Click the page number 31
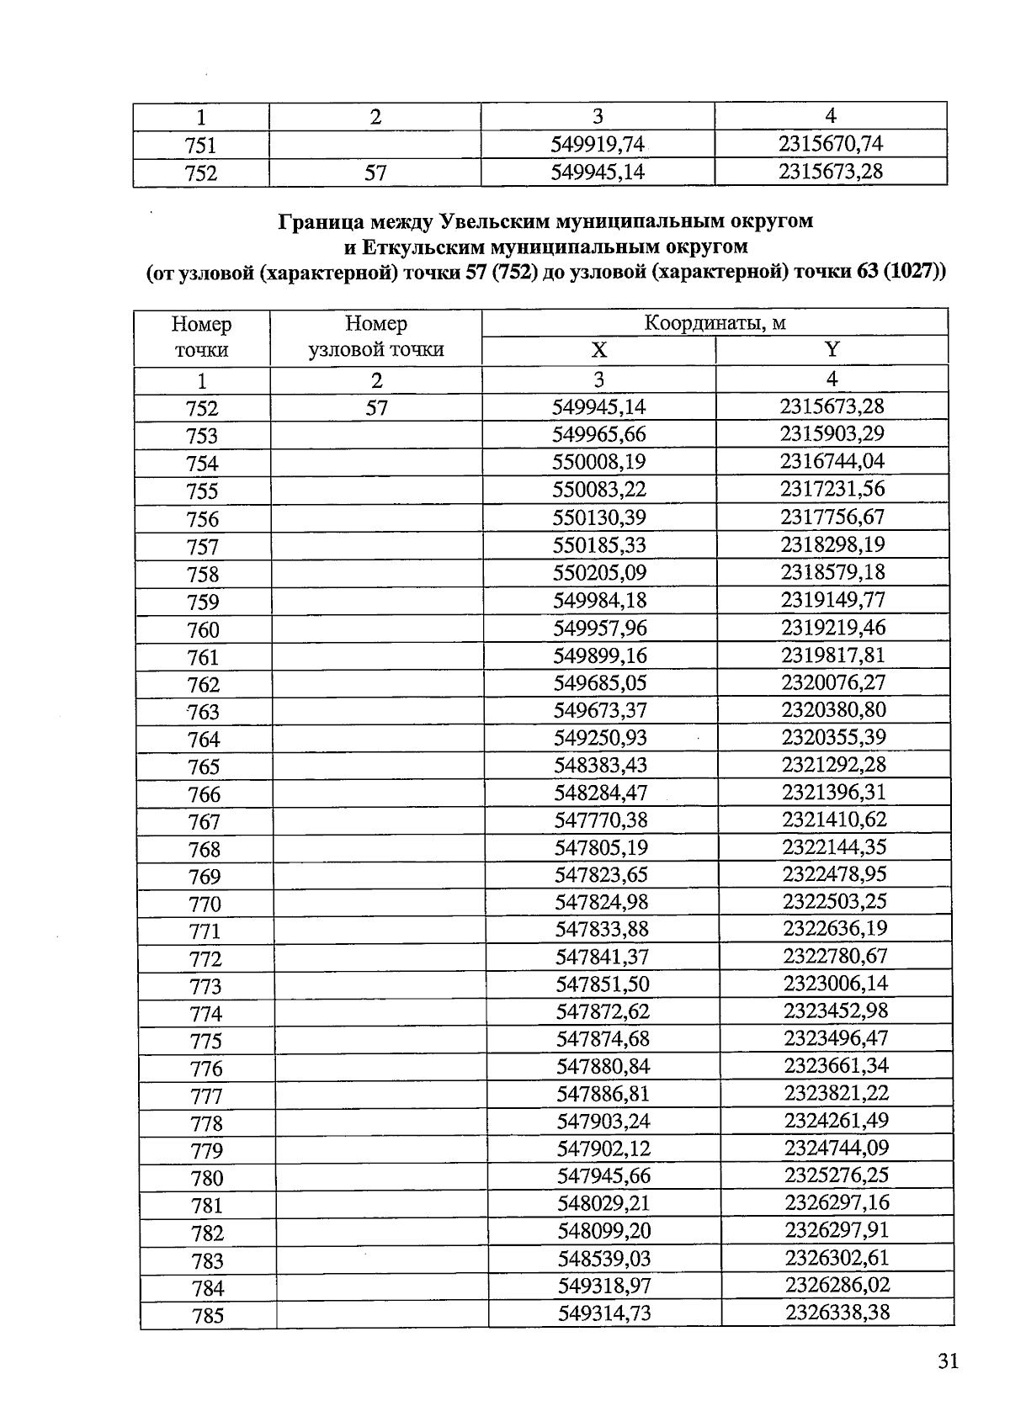(x=949, y=1361)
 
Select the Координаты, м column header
(x=715, y=323)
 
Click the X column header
(x=598, y=350)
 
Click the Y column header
(x=832, y=350)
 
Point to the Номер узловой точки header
(x=375, y=337)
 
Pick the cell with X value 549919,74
(x=598, y=145)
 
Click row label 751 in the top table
(x=200, y=146)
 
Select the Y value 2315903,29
(x=832, y=434)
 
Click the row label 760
(x=203, y=630)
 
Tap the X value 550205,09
(x=599, y=572)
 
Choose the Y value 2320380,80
(x=833, y=709)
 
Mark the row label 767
(x=205, y=822)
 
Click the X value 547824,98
(x=602, y=902)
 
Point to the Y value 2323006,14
(x=835, y=984)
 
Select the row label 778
(x=206, y=1124)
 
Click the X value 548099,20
(x=604, y=1231)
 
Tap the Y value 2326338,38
(x=837, y=1313)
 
